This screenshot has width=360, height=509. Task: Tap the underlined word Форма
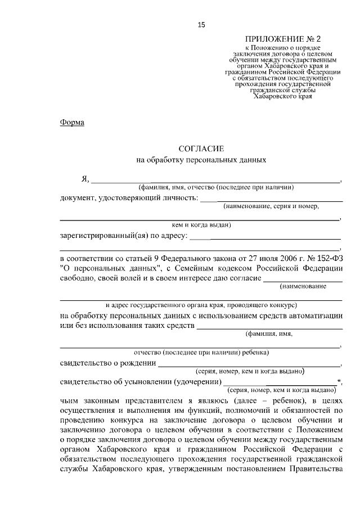pyautogui.click(x=72, y=123)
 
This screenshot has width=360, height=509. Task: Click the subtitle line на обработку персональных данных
pyautogui.click(x=201, y=160)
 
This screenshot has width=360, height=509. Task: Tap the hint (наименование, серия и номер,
pyautogui.click(x=271, y=206)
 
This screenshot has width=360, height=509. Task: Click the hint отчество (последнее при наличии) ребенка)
pyautogui.click(x=201, y=353)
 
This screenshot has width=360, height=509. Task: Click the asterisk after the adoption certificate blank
pyautogui.click(x=339, y=381)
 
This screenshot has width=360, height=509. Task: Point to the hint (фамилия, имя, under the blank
pyautogui.click(x=269, y=334)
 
